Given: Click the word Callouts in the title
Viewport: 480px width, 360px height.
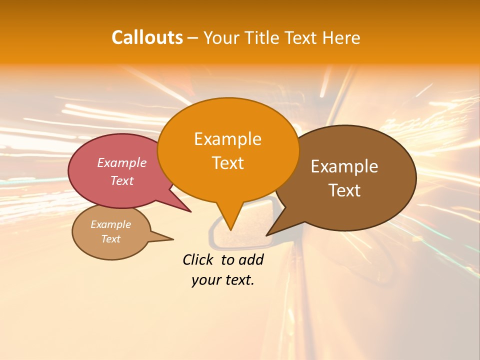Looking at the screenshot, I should tap(147, 37).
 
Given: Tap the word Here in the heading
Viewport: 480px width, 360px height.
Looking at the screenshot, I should tap(342, 37).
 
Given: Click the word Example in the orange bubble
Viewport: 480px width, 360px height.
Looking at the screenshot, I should tap(227, 139).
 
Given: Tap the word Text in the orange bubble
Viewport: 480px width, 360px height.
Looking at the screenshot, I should tap(227, 163).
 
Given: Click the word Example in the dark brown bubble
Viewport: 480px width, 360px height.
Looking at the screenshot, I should tap(344, 166).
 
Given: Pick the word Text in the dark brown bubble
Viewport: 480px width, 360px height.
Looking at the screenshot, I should tap(344, 190).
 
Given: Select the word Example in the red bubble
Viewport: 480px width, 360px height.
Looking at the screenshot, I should tap(122, 162).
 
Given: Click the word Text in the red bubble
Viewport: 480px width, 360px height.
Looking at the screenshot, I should tap(122, 180).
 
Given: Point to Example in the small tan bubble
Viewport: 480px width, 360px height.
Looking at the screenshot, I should tap(110, 224).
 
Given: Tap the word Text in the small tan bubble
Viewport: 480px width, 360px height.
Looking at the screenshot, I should tap(110, 239).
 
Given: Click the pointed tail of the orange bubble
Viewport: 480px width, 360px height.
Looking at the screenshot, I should tap(230, 225).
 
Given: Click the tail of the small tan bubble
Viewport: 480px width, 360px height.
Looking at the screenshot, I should tap(167, 238).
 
